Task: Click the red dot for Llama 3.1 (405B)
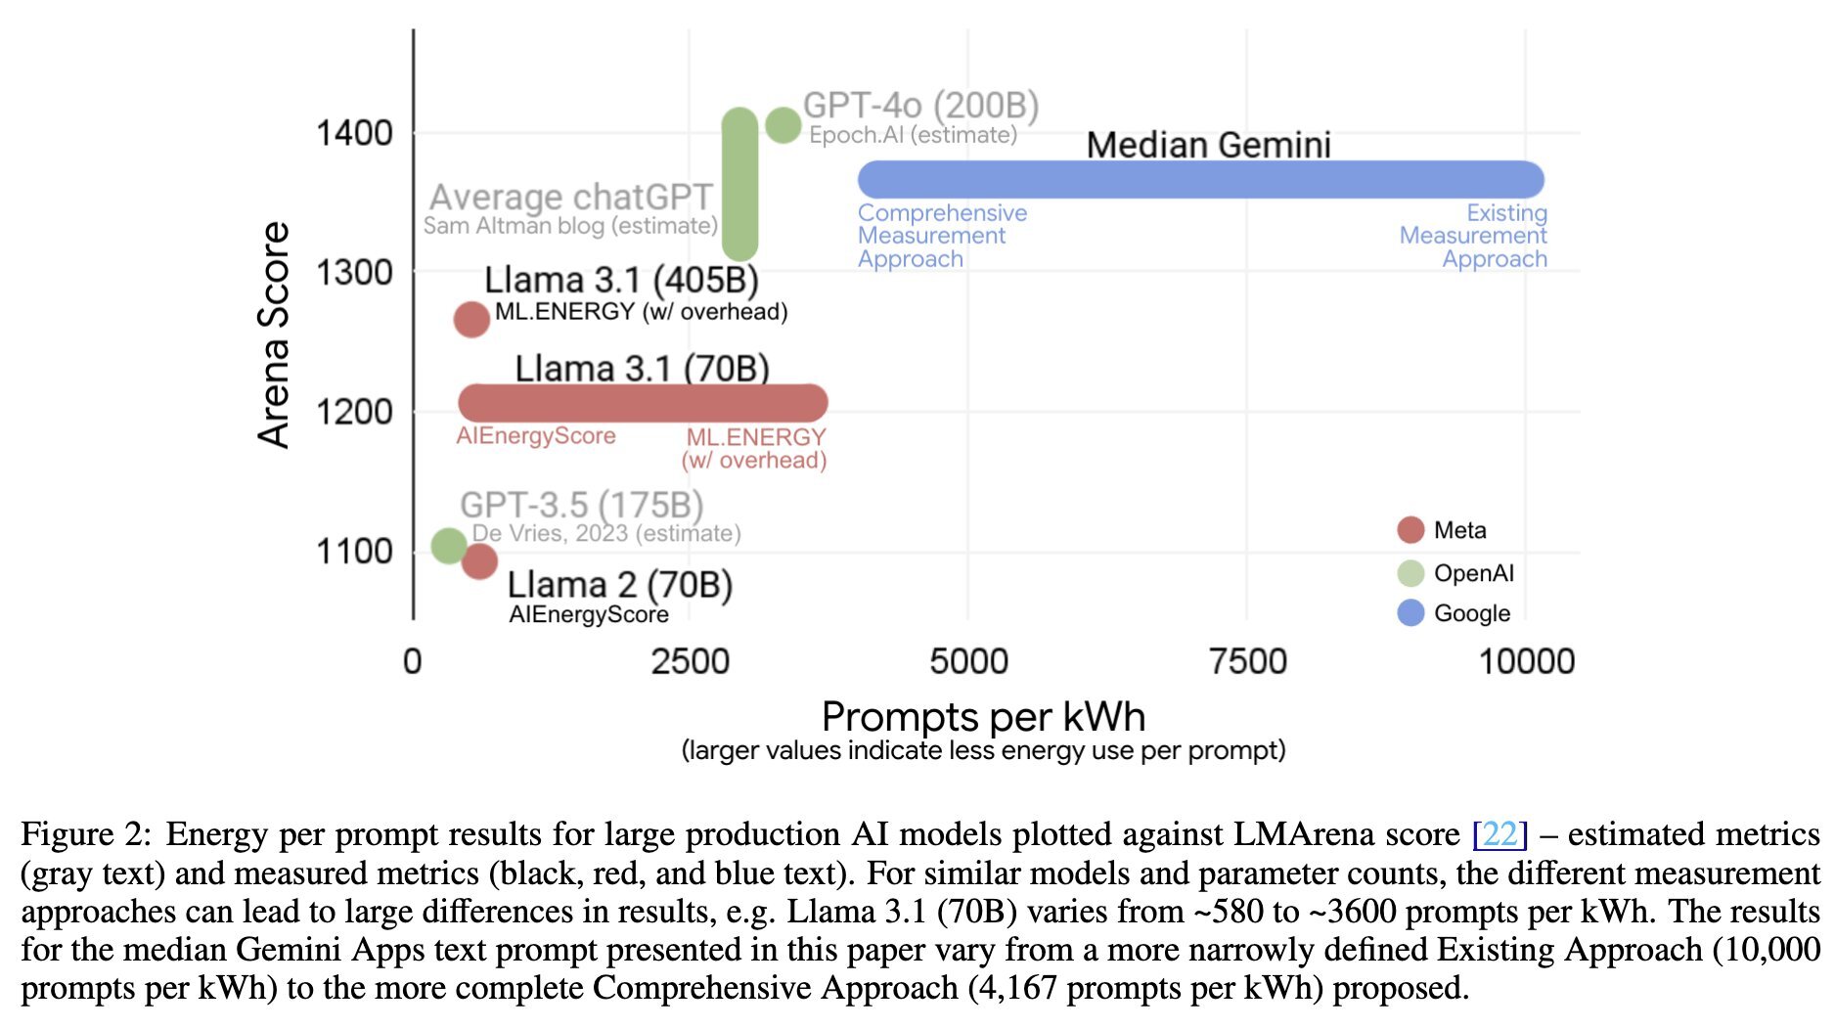(471, 319)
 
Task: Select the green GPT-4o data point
(783, 124)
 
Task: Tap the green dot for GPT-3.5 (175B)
(449, 545)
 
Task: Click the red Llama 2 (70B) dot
(479, 560)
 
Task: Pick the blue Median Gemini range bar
(1200, 180)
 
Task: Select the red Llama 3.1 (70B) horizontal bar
(643, 402)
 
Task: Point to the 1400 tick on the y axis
(354, 133)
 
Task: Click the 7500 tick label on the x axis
(1247, 662)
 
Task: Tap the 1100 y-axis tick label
(354, 552)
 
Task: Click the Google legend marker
(1410, 613)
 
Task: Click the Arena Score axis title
(275, 335)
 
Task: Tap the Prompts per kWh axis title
(983, 717)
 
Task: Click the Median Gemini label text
(1208, 145)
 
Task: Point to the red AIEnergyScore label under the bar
(536, 436)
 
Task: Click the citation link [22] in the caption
(1499, 834)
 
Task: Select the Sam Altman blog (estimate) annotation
(570, 226)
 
